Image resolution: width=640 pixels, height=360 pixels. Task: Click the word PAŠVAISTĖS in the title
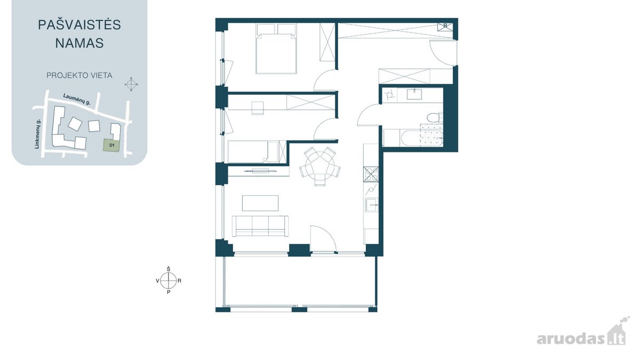(x=79, y=25)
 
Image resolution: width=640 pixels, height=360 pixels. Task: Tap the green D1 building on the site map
(x=111, y=145)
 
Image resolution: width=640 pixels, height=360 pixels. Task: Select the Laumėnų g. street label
(x=77, y=99)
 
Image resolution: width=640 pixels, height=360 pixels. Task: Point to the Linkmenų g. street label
(x=37, y=134)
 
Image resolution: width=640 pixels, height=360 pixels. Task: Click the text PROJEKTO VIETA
(x=79, y=75)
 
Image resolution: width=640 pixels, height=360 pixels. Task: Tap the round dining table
(x=316, y=166)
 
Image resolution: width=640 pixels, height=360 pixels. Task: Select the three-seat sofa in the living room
(x=260, y=226)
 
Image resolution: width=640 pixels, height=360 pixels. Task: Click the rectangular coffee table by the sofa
(x=260, y=203)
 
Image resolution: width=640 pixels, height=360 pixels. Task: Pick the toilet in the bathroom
(x=434, y=118)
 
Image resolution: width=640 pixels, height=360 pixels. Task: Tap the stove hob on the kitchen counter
(x=371, y=174)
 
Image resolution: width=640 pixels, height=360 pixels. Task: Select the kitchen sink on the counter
(x=372, y=205)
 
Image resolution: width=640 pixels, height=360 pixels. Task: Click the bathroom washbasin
(x=414, y=94)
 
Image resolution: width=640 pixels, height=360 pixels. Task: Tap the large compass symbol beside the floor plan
(x=169, y=281)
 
